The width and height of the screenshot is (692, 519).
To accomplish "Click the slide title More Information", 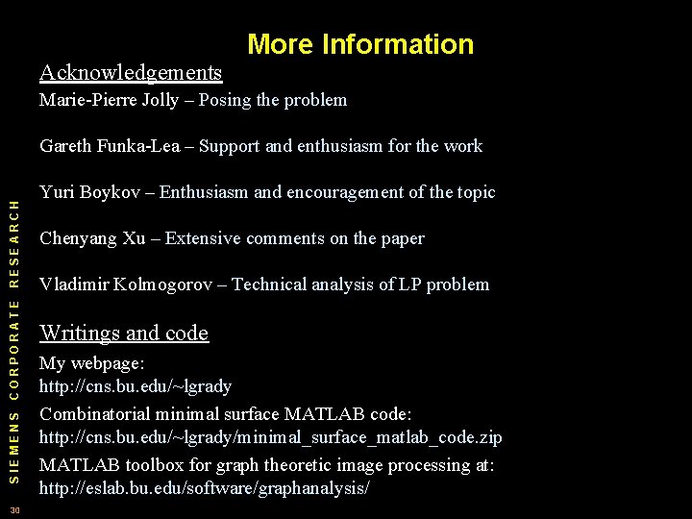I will [x=360, y=44].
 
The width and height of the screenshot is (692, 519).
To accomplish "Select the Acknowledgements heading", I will [x=131, y=72].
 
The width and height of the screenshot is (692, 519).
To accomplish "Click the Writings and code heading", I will [x=124, y=334].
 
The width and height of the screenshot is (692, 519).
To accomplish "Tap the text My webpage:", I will [x=91, y=365].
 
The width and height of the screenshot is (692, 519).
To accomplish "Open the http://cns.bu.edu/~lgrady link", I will [x=136, y=386].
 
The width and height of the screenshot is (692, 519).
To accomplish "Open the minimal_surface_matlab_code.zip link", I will [x=270, y=438].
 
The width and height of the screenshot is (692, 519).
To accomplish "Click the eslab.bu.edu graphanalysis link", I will [x=204, y=488].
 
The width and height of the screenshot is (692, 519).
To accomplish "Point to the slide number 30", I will [x=13, y=508].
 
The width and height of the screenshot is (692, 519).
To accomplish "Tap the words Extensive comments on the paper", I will [x=294, y=238].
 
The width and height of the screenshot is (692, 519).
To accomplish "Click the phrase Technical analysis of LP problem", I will [x=360, y=284].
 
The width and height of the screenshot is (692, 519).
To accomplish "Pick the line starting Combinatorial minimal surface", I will [x=225, y=413].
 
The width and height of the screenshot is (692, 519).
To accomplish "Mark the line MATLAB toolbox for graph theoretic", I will [x=266, y=465].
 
